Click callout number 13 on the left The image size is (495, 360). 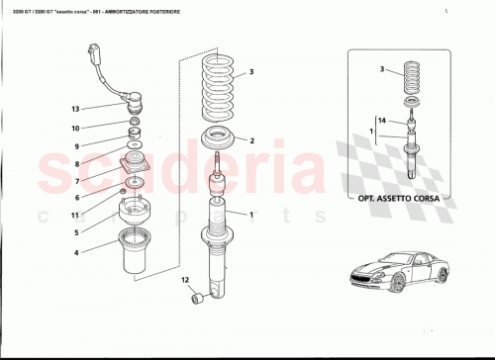click(74, 108)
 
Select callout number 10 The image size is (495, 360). click(74, 128)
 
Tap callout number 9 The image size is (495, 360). click(74, 146)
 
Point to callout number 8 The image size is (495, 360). click(74, 164)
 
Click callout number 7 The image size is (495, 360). click(74, 182)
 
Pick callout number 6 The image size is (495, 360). click(74, 198)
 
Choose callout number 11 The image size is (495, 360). click(74, 215)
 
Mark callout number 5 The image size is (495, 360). click(74, 233)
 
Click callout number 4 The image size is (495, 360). click(74, 253)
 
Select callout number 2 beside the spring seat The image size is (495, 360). click(251, 140)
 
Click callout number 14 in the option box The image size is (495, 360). click(380, 119)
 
